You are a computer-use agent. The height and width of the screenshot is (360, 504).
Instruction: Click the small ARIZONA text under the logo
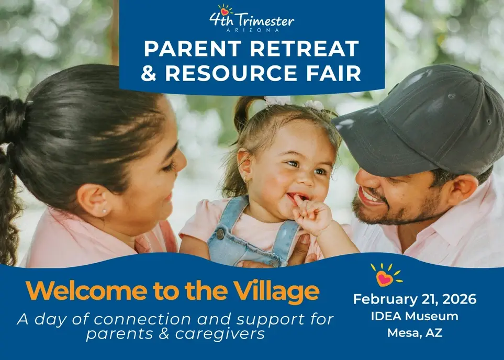tap(252, 31)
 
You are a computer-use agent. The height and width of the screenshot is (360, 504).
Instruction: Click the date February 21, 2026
tap(415, 299)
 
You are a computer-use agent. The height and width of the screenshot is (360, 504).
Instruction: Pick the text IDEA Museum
tap(415, 316)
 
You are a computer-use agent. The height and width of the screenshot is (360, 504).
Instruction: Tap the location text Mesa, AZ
tap(415, 332)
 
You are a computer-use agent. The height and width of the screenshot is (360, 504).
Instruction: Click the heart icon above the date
tap(385, 277)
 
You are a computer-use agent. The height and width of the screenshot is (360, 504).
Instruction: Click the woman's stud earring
tap(104, 210)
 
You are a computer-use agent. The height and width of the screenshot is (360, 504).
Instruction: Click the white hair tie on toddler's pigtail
tap(277, 100)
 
